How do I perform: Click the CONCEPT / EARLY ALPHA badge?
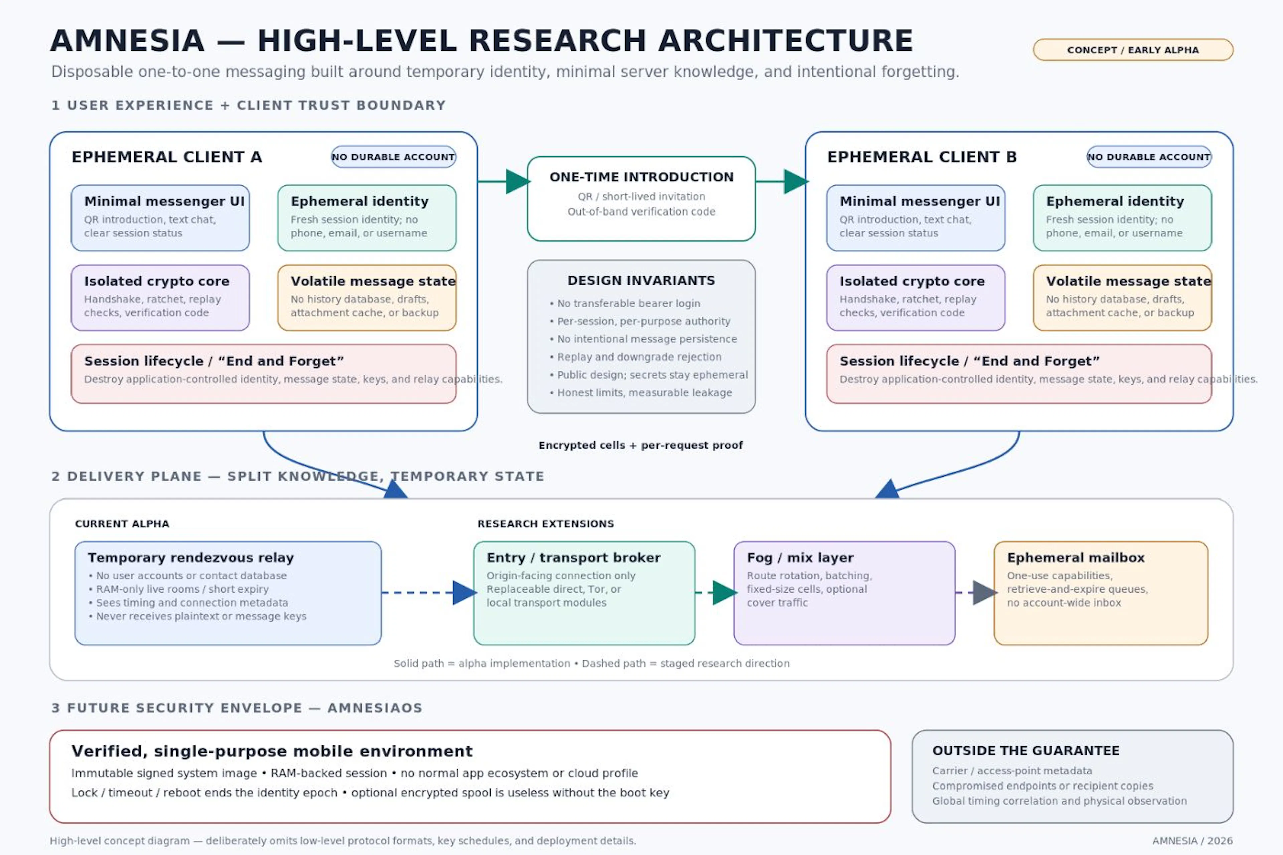1133,50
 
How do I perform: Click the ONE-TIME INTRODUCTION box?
641,198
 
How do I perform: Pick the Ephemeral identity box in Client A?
367,218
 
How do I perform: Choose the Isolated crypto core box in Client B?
915,298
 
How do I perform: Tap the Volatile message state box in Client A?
367,298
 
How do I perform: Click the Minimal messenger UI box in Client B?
915,218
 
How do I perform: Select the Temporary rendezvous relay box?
228,593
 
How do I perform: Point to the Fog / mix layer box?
844,593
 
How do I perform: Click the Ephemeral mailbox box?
1101,593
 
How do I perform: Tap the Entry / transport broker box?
584,593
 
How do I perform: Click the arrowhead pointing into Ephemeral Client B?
796,181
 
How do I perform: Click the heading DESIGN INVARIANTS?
641,280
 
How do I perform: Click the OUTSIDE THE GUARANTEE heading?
1026,751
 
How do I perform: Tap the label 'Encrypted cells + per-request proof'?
641,445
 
